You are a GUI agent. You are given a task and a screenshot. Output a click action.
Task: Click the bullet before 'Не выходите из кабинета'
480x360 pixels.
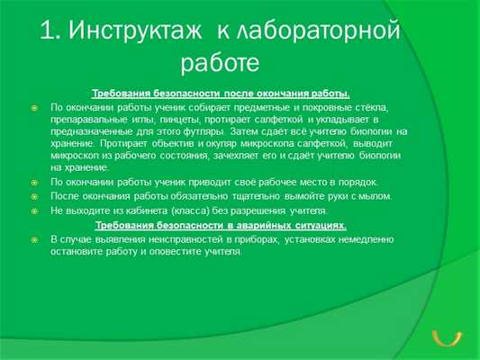(34, 211)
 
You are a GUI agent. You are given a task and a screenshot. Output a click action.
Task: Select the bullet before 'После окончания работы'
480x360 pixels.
(34, 196)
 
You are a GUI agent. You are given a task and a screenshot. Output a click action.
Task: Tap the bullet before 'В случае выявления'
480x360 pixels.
(34, 239)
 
